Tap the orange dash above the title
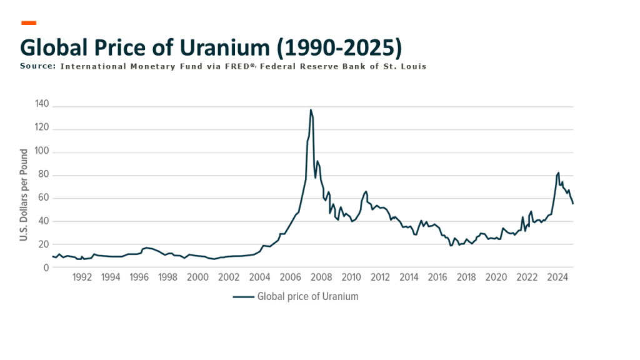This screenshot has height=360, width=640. click(29, 23)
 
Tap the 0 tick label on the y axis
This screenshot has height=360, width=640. click(46, 267)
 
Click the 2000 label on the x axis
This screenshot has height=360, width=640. click(197, 277)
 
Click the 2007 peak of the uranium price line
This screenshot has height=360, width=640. click(311, 110)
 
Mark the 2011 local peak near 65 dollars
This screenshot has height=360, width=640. click(366, 191)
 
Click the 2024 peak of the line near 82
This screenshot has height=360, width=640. click(558, 172)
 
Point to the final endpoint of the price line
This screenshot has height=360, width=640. click(573, 204)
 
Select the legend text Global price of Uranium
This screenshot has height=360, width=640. click(307, 297)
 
